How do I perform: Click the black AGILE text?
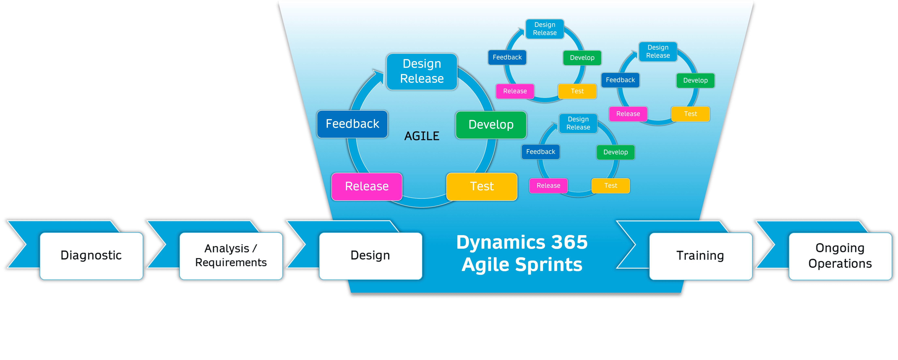click(x=422, y=136)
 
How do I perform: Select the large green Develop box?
click(x=491, y=125)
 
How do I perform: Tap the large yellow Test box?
click(x=482, y=186)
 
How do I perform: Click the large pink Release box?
click(x=367, y=186)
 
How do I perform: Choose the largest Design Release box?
click(x=422, y=71)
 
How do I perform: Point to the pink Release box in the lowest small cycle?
click(x=548, y=186)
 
